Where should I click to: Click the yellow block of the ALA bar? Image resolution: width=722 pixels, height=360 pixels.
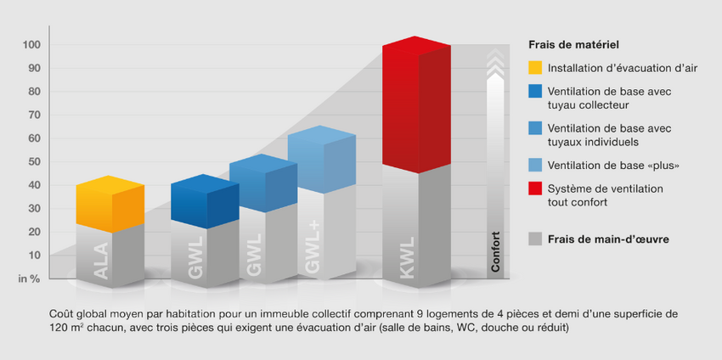(x=110, y=204)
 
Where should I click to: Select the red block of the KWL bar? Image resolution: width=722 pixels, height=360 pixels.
(x=415, y=106)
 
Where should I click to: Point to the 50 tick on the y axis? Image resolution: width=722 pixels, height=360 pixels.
(x=33, y=161)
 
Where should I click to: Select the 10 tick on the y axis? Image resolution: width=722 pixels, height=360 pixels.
(x=33, y=255)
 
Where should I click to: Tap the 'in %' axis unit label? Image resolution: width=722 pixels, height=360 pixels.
(x=29, y=278)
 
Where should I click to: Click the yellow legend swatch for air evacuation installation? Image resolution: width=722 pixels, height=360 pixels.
(x=535, y=68)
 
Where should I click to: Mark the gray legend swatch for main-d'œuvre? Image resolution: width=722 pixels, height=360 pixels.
(x=535, y=239)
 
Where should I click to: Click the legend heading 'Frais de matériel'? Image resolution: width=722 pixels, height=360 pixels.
(x=573, y=44)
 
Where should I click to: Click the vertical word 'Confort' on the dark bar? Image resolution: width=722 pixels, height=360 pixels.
(x=495, y=250)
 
